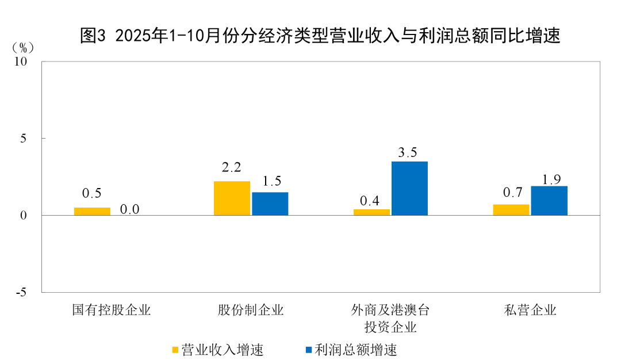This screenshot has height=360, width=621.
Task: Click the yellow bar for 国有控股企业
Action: (92, 212)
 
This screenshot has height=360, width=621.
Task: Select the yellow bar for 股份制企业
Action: (232, 198)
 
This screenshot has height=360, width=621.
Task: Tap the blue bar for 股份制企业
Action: (270, 204)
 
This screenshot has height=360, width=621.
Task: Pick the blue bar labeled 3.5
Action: (409, 189)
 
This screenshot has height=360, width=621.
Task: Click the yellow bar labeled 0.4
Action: (371, 212)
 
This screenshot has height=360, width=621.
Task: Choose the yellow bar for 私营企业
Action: (511, 210)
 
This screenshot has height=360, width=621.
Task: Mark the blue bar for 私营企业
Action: (549, 201)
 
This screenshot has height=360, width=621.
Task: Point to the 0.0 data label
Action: (129, 209)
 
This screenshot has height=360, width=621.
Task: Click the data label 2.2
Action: (232, 168)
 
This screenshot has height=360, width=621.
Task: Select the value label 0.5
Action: (92, 194)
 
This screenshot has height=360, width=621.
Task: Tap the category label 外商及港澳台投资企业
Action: (390, 319)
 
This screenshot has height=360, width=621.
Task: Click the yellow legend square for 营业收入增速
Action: (175, 349)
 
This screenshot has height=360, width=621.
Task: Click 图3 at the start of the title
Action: (93, 36)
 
